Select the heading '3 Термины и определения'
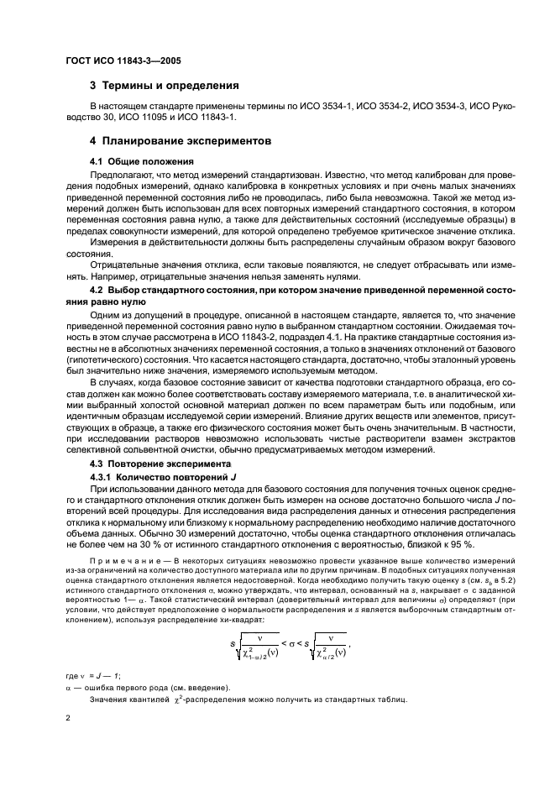click(165, 86)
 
